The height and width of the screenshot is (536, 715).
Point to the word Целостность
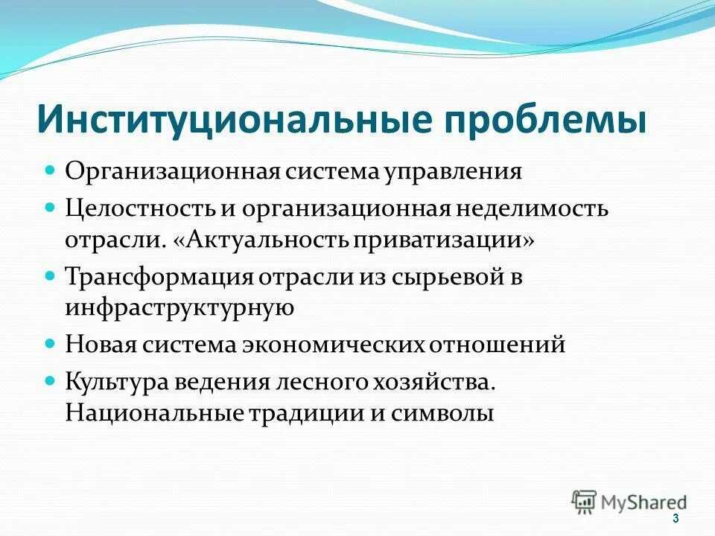click(x=139, y=208)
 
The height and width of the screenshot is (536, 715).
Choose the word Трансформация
click(x=159, y=277)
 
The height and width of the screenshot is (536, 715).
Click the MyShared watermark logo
click(x=629, y=502)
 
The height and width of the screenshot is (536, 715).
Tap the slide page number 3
click(x=676, y=518)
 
